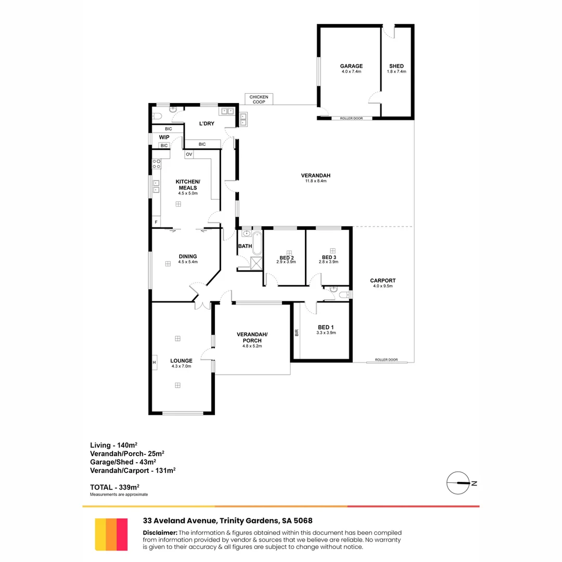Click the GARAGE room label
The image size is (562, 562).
[x=351, y=66]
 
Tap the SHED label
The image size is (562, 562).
[x=396, y=66]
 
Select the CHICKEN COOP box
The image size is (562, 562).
[x=259, y=99]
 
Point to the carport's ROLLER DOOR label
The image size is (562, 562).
[x=386, y=360]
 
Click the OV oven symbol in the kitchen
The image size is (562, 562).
[x=189, y=155]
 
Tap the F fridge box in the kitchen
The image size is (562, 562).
[x=156, y=223]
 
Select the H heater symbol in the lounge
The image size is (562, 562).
[x=155, y=363]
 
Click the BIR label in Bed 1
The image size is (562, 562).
[x=297, y=331]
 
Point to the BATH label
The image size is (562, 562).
[x=245, y=246]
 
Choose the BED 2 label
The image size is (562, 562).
[x=286, y=258]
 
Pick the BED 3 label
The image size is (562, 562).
[x=329, y=258]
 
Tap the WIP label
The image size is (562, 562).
[x=164, y=137]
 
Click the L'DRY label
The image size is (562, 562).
[x=207, y=124]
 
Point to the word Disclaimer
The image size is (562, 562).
[x=160, y=532]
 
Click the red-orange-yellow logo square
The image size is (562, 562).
[x=111, y=534]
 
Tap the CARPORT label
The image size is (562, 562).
[x=382, y=280]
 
